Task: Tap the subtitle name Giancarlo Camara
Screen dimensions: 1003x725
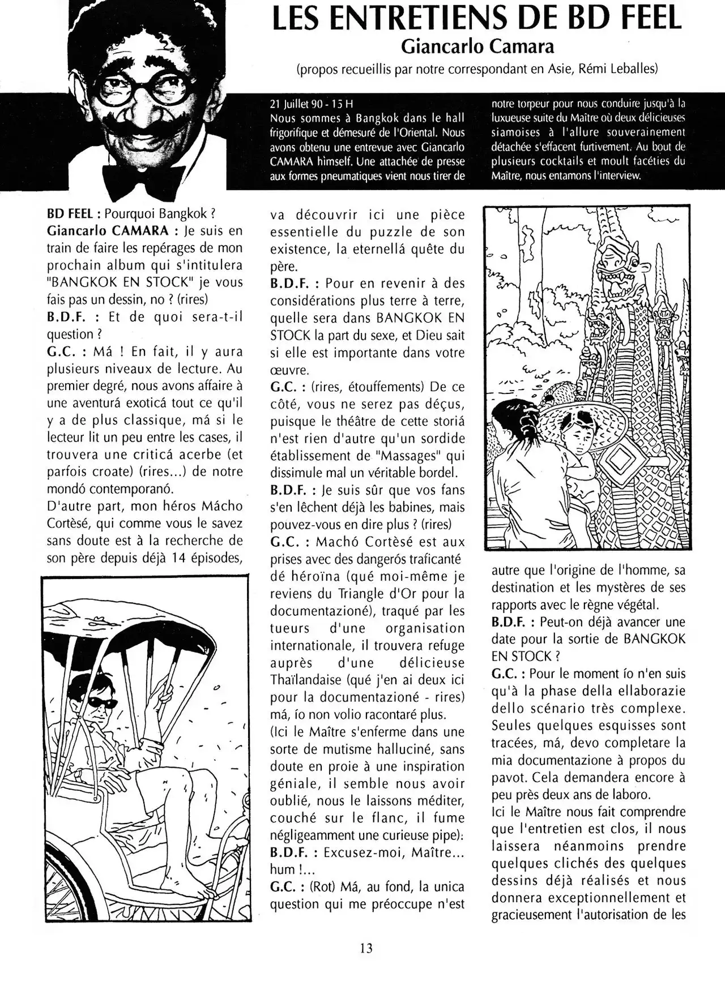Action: (x=477, y=46)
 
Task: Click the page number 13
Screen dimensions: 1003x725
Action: (x=366, y=948)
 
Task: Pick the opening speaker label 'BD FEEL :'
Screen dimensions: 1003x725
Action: (x=74, y=214)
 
